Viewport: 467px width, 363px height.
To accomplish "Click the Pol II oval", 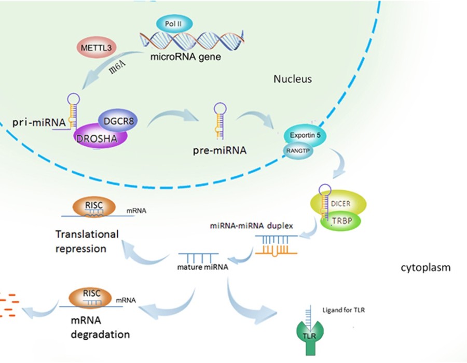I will click(x=174, y=24).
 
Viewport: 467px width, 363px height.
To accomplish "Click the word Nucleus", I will click(x=293, y=79).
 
